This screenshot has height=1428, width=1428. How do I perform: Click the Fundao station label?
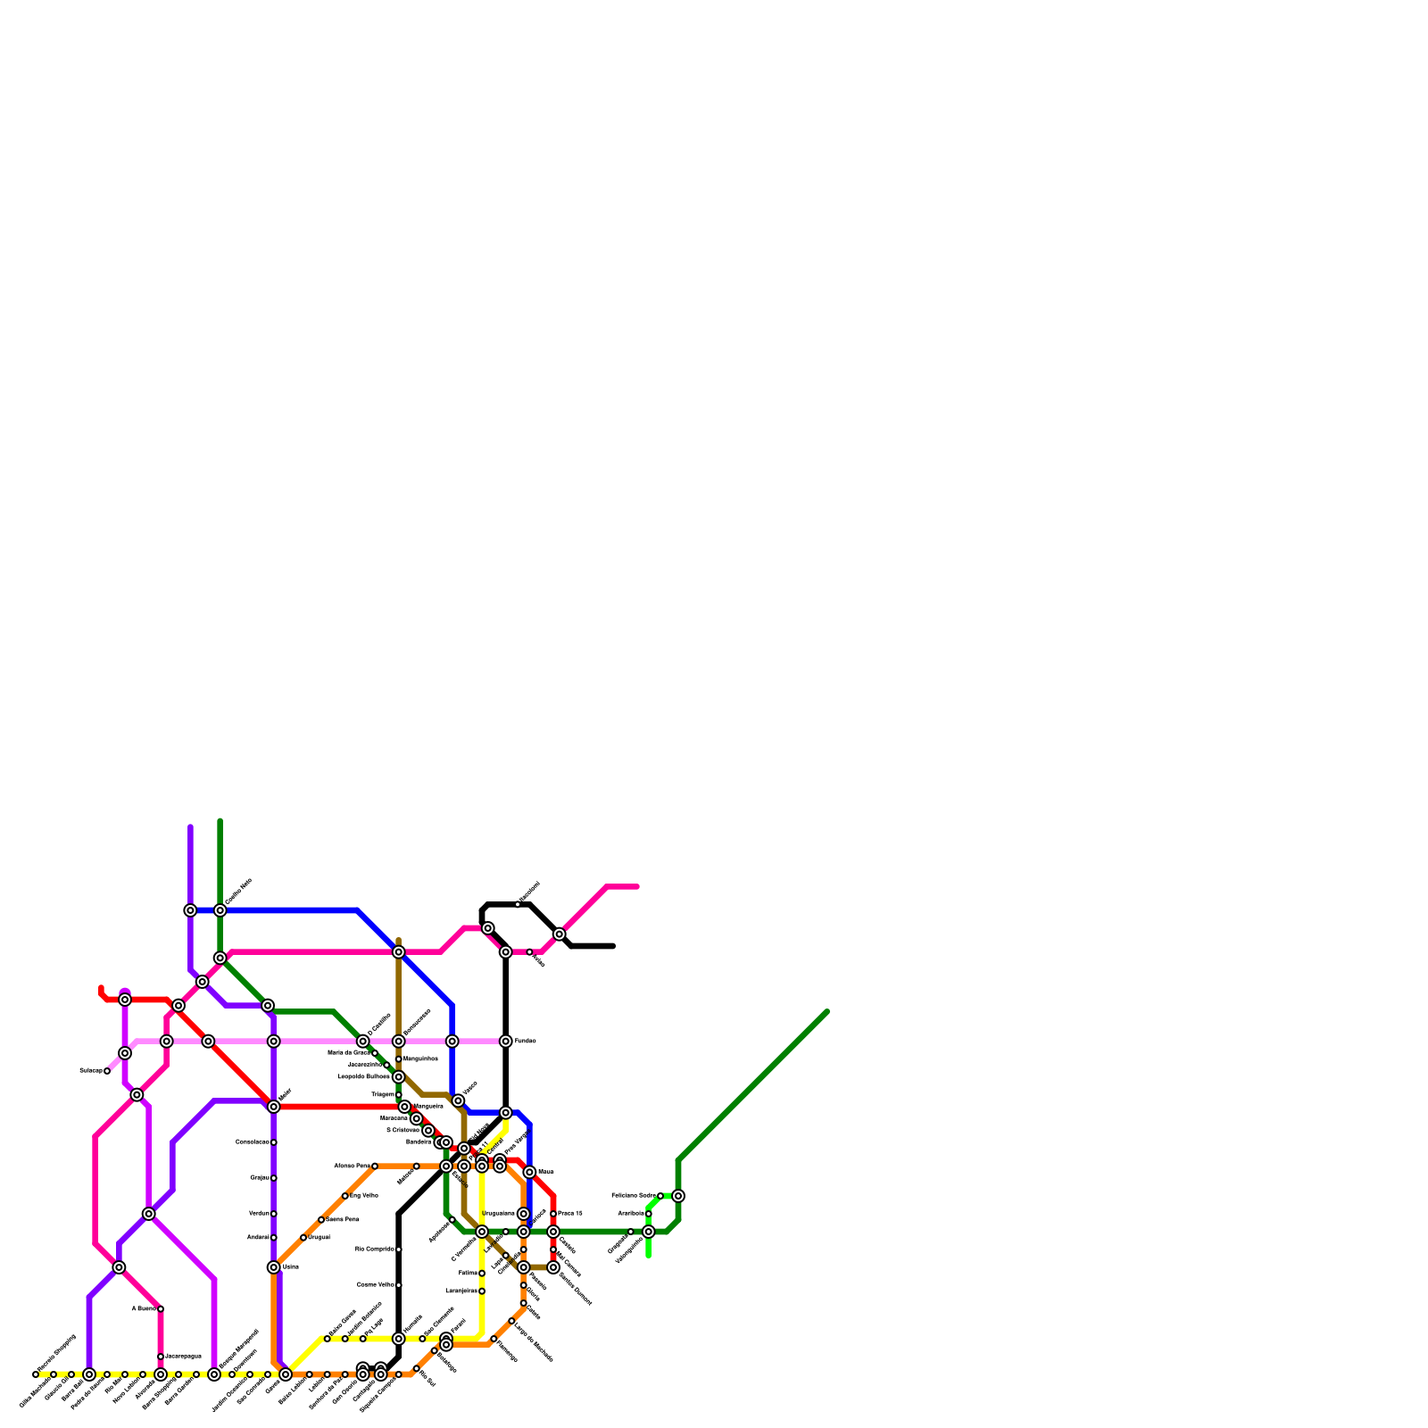525,1042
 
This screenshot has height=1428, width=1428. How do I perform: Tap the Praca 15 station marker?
553,1214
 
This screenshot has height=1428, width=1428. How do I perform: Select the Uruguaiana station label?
498,1214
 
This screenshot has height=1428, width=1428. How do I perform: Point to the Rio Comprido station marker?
399,1249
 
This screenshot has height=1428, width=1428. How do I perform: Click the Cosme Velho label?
375,1285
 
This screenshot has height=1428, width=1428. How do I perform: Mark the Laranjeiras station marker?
482,1291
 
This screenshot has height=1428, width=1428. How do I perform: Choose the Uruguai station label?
319,1238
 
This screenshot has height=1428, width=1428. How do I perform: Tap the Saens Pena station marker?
321,1219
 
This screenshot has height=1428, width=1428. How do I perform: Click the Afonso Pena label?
351,1166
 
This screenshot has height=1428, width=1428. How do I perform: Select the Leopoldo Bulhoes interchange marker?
399,1077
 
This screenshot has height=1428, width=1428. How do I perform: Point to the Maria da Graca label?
348,1053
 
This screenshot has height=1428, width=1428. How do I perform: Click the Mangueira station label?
428,1107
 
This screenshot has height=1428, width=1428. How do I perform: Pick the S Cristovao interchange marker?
428,1131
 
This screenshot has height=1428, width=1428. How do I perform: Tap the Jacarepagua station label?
183,1357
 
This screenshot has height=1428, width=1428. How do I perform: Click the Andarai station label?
258,1238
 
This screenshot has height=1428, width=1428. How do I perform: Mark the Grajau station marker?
274,1178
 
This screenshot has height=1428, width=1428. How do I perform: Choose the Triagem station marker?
399,1095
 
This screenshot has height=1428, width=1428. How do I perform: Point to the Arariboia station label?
630,1214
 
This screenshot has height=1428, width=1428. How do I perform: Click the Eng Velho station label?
364,1195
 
